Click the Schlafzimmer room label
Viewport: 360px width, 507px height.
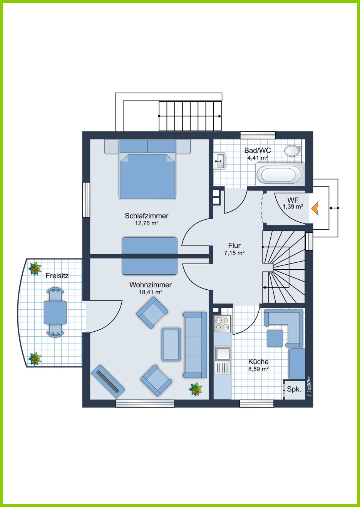pyautogui.click(x=147, y=216)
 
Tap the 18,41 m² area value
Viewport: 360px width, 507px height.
pyautogui.click(x=151, y=292)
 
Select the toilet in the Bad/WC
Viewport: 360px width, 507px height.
pyautogui.click(x=293, y=151)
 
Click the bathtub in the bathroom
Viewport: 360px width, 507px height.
pyautogui.click(x=280, y=175)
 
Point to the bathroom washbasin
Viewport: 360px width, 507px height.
pyautogui.click(x=220, y=161)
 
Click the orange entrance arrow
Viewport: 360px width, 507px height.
pyautogui.click(x=315, y=208)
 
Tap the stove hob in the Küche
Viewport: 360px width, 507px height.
pyautogui.click(x=222, y=324)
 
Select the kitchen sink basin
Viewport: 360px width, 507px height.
pyautogui.click(x=223, y=353)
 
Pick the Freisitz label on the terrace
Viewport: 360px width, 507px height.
pyautogui.click(x=57, y=276)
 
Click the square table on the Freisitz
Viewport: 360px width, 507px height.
pyautogui.click(x=55, y=312)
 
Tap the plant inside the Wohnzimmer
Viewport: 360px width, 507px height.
pyautogui.click(x=196, y=389)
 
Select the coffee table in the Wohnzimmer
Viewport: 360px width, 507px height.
pyautogui.click(x=171, y=344)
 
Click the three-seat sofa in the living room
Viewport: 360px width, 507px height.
pyautogui.click(x=195, y=345)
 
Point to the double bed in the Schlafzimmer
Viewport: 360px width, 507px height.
pyautogui.click(x=147, y=170)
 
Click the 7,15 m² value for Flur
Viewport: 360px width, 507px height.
pyautogui.click(x=234, y=253)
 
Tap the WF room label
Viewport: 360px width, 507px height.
pyautogui.click(x=293, y=200)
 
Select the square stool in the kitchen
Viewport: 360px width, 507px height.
pyautogui.click(x=275, y=338)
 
